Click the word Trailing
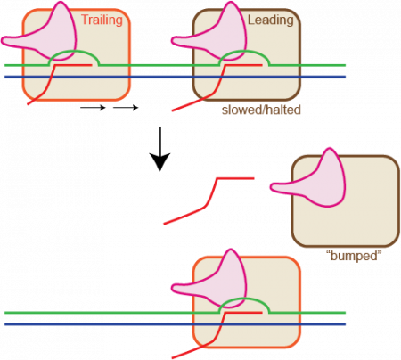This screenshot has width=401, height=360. click(x=102, y=19)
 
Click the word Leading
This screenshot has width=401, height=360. click(x=272, y=19)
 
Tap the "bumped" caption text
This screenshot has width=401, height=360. click(x=354, y=256)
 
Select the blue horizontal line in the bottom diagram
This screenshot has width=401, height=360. click(x=107, y=324)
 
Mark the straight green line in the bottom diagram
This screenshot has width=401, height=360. click(x=107, y=313)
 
